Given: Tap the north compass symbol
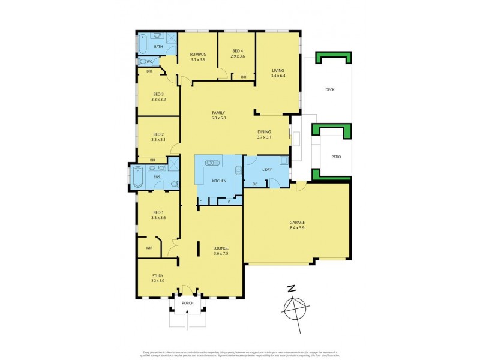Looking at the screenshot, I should pos(294,308).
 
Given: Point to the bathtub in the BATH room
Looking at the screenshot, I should pos(143,44).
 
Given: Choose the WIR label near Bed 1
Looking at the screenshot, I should pos(149,246).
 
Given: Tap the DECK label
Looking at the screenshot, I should pos(329,90).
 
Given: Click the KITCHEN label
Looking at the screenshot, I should pos(219,181).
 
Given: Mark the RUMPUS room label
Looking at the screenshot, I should pos(197,54).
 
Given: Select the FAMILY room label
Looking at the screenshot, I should pos(218,113).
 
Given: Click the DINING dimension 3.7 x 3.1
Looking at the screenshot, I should pos(264,137).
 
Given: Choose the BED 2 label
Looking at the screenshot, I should pos(158,134).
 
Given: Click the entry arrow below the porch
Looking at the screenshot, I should pos(188,322).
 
